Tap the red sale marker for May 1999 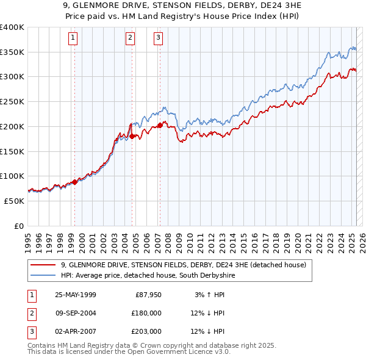coord(75,182)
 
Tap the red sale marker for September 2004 coord(132,136)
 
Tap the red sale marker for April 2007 coord(160,125)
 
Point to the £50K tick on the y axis coord(15,201)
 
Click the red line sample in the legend coord(45,265)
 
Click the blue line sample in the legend coord(45,276)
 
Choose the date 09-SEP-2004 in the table coord(76,313)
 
